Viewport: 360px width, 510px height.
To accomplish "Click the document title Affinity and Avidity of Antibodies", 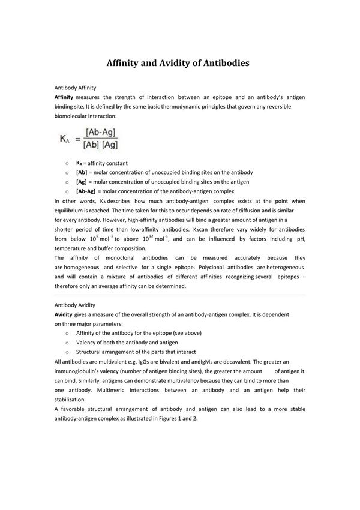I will tap(178, 62).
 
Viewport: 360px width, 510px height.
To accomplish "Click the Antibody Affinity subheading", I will tap(76, 88).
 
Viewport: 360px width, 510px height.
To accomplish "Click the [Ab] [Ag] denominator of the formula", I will tap(101, 145).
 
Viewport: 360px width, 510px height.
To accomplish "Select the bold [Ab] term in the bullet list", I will tap(82, 172).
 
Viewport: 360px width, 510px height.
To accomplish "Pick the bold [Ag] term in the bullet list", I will tap(82, 181).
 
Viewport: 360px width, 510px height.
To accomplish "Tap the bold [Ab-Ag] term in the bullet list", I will tap(86, 190).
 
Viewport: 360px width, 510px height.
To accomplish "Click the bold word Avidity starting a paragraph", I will tap(64, 314).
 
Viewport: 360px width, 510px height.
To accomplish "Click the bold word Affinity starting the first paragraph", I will tap(64, 97).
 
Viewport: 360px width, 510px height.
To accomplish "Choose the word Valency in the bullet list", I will tap(88, 342).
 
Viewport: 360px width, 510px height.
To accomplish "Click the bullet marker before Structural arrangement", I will tap(66, 352).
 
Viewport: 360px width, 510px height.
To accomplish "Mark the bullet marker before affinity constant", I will tap(66, 163).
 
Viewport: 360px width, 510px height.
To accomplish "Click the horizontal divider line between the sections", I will tap(180, 295).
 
